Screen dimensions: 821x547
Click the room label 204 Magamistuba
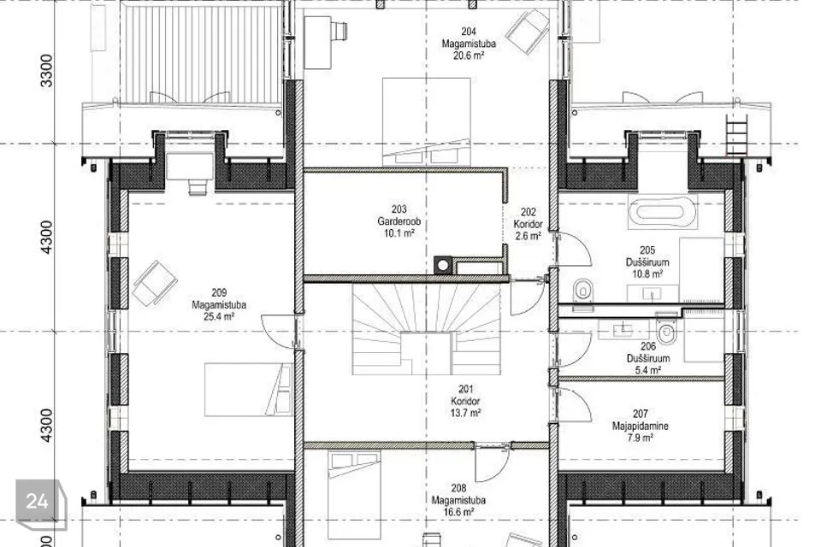point(469,38)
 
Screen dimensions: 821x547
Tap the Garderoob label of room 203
point(399,221)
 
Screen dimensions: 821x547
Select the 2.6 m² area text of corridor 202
point(528,236)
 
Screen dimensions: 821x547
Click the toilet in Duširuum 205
point(582,291)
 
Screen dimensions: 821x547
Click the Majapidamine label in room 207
point(640,426)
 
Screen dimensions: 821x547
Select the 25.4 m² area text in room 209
point(219,316)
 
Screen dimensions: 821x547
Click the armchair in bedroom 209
point(155,283)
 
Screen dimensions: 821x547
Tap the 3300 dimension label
point(46,71)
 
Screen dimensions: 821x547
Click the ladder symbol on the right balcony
point(735,135)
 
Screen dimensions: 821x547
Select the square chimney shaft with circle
point(443,266)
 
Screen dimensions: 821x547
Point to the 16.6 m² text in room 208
point(458,512)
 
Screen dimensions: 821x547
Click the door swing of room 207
point(576,404)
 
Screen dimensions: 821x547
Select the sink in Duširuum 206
point(623,330)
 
